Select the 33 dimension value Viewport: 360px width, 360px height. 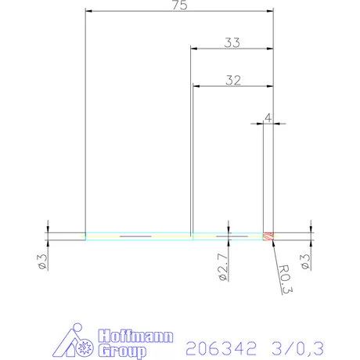pyautogui.click(x=232, y=43)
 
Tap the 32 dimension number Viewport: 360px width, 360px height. pyautogui.click(x=232, y=79)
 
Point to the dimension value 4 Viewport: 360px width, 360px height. pyautogui.click(x=268, y=117)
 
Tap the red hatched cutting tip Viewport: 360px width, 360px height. pyautogui.click(x=268, y=235)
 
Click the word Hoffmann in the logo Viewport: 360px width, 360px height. pyautogui.click(x=131, y=338)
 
